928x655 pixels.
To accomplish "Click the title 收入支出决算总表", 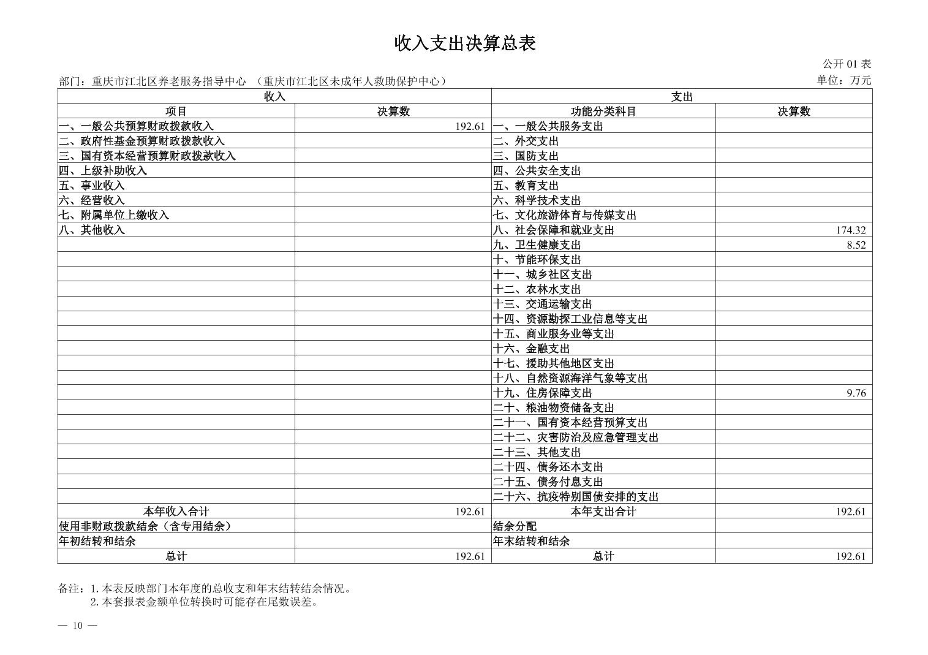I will tap(464, 44).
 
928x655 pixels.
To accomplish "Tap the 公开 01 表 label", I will tap(847, 64).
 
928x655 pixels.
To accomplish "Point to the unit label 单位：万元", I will tap(843, 80).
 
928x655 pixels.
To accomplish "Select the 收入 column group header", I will tap(274, 96).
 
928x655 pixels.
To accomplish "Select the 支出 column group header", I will tap(681, 96).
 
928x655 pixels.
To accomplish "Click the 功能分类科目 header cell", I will tap(603, 112).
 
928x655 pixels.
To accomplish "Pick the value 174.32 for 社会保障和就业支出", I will tap(850, 230).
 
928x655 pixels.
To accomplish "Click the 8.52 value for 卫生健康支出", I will tap(856, 245).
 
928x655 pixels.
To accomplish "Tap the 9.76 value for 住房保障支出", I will tap(856, 393).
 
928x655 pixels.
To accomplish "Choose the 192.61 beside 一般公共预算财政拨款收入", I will tap(470, 127).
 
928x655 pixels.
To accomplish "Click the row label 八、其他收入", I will tap(92, 230).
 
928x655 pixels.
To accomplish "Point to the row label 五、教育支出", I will tap(526, 186).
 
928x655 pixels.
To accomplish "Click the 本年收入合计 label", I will tap(176, 512).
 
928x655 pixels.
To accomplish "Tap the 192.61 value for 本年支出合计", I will tap(850, 512).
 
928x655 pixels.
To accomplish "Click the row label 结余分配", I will tap(515, 526).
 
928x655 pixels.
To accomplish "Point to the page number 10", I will tap(77, 626).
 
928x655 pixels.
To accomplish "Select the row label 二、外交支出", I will tap(526, 141).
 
